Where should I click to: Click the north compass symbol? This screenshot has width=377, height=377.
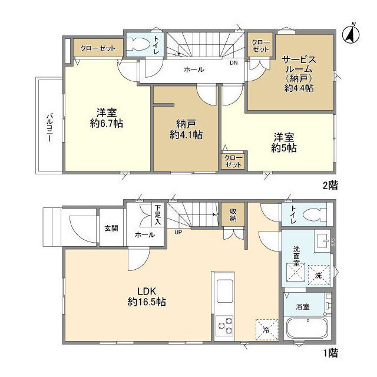[x=351, y=34]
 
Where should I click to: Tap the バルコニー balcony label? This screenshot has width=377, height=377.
[x=50, y=127]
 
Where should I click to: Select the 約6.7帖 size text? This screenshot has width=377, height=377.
[x=107, y=124]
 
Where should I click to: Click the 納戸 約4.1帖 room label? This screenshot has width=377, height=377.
[x=186, y=130]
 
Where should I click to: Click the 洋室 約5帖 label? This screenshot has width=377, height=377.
[x=284, y=143]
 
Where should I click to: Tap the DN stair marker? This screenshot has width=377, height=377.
[x=233, y=63]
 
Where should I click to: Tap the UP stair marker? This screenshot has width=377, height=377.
[x=178, y=232]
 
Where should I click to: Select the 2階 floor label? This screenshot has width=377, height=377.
[x=330, y=186]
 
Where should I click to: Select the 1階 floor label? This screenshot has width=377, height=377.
[x=330, y=353]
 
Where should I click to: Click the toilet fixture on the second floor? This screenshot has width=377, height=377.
[x=137, y=44]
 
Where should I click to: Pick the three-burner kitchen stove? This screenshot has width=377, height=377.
[x=225, y=326]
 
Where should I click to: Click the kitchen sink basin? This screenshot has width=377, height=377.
[x=225, y=291]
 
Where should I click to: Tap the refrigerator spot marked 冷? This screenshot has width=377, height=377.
[x=267, y=330]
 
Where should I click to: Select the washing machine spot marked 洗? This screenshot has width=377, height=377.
[x=319, y=275]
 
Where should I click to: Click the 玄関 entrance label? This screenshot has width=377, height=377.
[x=111, y=228]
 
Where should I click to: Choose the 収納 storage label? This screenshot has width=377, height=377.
[x=233, y=214]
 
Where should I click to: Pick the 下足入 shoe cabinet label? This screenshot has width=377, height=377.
[x=158, y=214]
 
